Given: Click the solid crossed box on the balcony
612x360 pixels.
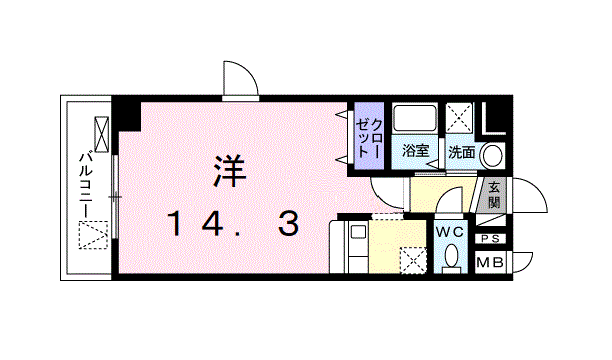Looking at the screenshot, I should tap(102, 132).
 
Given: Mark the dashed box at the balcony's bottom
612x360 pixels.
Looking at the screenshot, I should tap(94, 237).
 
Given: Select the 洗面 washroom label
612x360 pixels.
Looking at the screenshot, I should tap(461, 153).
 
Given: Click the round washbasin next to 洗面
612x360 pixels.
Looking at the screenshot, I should tap(491, 155).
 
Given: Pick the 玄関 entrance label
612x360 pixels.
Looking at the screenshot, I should tap(495, 194).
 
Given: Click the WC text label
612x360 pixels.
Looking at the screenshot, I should tap(451, 231).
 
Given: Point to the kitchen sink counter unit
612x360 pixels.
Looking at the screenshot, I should tap(357, 246).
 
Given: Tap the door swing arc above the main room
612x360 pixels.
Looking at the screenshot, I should tap(239, 79).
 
